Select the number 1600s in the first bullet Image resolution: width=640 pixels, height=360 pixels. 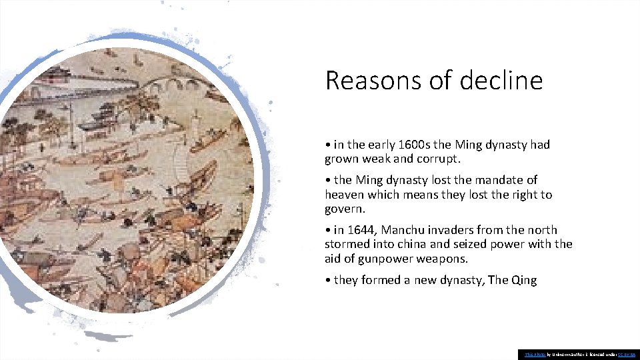[x=413, y=145]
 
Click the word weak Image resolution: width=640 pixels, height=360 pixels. [x=385, y=159]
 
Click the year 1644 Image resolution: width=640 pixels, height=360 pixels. [x=362, y=230]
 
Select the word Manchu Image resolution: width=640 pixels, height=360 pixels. [x=405, y=230]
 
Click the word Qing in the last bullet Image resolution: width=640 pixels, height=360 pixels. [x=523, y=280]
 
